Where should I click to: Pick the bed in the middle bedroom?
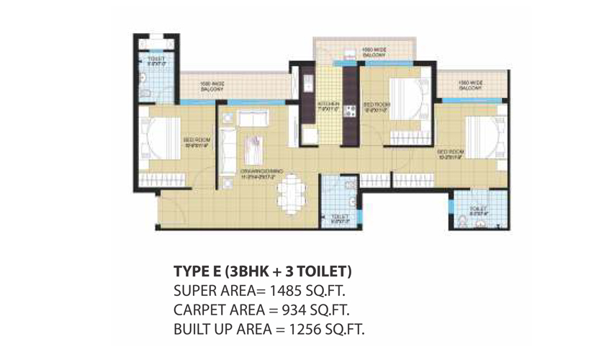point(408,99)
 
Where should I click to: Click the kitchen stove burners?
point(351,111)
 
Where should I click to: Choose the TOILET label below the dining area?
point(340,218)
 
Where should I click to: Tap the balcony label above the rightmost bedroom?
point(469,86)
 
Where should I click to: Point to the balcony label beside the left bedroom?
point(212,85)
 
